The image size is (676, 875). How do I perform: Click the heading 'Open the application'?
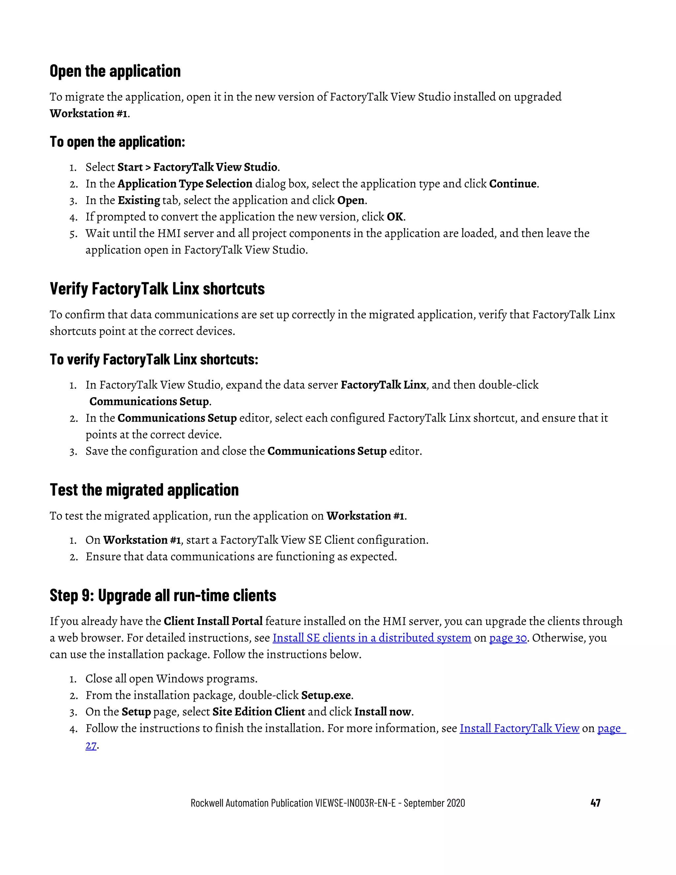pyautogui.click(x=115, y=71)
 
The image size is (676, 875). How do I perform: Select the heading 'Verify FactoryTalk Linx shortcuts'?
pyautogui.click(x=157, y=289)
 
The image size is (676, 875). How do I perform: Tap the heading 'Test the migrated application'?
pyautogui.click(x=144, y=490)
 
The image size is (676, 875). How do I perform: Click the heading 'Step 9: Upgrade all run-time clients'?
pyautogui.click(x=163, y=595)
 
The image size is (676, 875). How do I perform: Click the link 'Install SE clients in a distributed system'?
pyautogui.click(x=372, y=638)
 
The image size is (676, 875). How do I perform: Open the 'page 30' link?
pyautogui.click(x=508, y=638)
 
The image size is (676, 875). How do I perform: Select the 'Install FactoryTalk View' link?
pyautogui.click(x=520, y=728)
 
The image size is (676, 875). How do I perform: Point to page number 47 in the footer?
pyautogui.click(x=595, y=803)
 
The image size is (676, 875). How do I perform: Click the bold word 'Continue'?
pyautogui.click(x=513, y=184)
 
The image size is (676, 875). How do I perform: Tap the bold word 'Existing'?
pyautogui.click(x=139, y=200)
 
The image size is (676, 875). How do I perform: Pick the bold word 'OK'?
pyautogui.click(x=395, y=217)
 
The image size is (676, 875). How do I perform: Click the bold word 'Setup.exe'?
pyautogui.click(x=326, y=695)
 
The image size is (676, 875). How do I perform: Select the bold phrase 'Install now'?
pyautogui.click(x=383, y=712)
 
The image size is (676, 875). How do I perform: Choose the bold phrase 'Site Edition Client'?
pyautogui.click(x=259, y=712)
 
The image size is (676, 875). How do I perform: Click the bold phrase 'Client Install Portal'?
pyautogui.click(x=213, y=621)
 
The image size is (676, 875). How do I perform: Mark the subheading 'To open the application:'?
pyautogui.click(x=117, y=142)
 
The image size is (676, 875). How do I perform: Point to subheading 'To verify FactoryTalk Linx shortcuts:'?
pyautogui.click(x=154, y=359)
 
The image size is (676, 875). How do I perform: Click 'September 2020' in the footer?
pyautogui.click(x=434, y=803)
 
